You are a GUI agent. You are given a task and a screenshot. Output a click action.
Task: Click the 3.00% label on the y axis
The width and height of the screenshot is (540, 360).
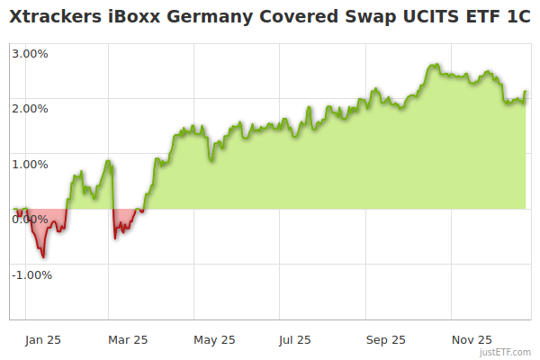click(30, 53)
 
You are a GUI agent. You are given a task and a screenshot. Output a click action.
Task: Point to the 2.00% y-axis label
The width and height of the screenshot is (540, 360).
click(30, 108)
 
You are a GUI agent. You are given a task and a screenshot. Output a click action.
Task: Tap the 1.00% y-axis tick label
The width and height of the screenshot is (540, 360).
click(30, 164)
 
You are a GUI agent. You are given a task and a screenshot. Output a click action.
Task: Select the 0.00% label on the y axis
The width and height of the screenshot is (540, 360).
click(30, 219)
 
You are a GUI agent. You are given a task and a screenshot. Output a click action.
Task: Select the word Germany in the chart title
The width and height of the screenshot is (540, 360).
click(206, 17)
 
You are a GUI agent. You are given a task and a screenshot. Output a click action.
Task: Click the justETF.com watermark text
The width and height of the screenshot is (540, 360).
click(506, 353)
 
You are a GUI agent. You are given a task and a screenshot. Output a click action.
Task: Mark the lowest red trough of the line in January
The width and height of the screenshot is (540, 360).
click(44, 257)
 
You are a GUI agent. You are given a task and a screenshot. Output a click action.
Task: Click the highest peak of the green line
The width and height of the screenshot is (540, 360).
click(435, 65)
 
